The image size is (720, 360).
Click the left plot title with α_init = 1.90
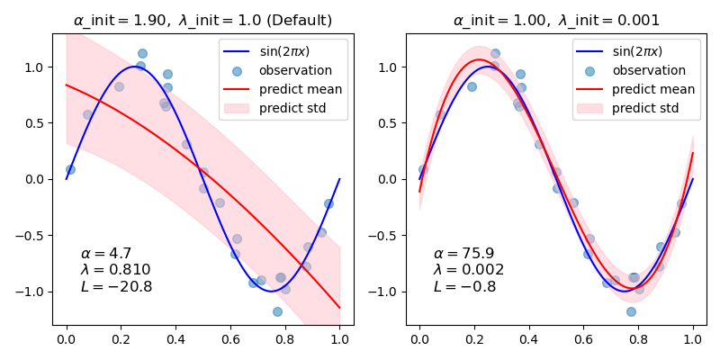[x=202, y=20]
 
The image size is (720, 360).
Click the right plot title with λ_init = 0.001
[x=556, y=20]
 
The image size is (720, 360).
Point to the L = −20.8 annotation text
[x=116, y=287]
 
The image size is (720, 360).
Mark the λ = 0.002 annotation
[x=468, y=270]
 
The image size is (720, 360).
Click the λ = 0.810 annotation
[x=115, y=270]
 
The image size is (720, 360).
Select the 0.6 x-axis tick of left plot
[x=230, y=339]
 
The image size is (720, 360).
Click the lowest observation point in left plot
[x=277, y=311]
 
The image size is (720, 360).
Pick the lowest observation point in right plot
[x=631, y=311]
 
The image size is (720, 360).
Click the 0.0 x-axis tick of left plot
[x=66, y=339]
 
